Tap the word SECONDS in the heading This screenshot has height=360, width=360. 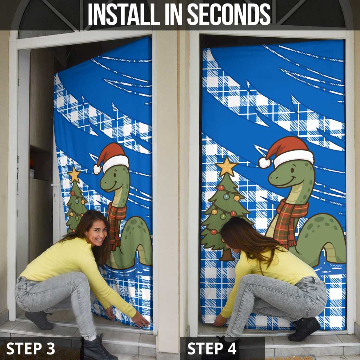click(x=229, y=14)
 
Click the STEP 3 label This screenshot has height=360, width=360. click(x=31, y=348)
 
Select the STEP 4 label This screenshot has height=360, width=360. click(x=212, y=348)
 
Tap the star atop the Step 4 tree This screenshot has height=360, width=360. click(x=226, y=167)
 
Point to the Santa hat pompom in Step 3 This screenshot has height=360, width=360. click(x=97, y=169)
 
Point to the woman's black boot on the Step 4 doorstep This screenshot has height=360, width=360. click(x=303, y=329)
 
